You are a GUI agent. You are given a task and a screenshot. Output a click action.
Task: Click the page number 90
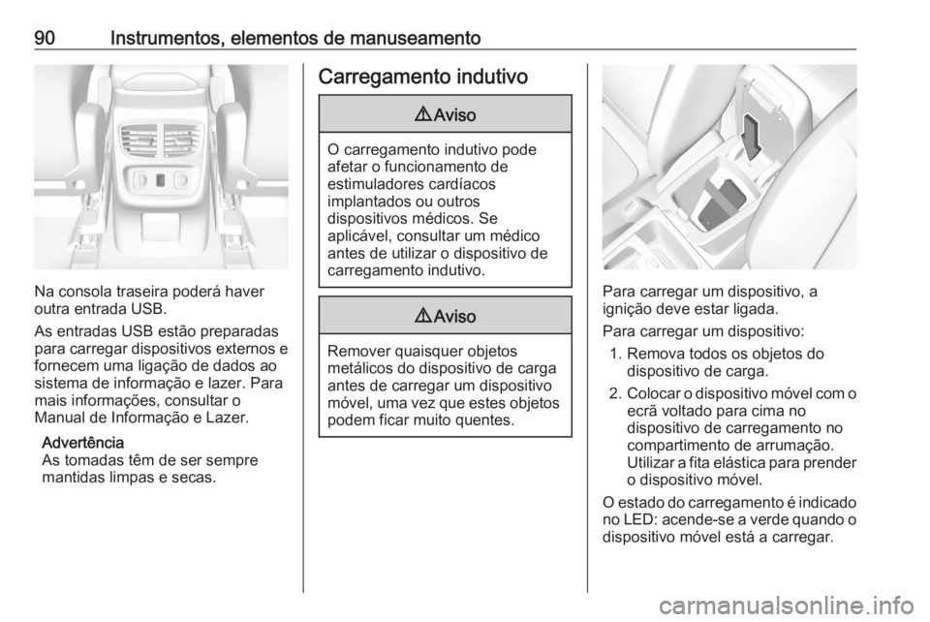(46, 39)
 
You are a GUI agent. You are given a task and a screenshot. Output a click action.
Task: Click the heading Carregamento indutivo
(423, 77)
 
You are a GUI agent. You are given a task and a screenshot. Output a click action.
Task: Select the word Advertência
(83, 443)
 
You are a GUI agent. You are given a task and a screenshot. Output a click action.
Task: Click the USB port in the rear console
(161, 179)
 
